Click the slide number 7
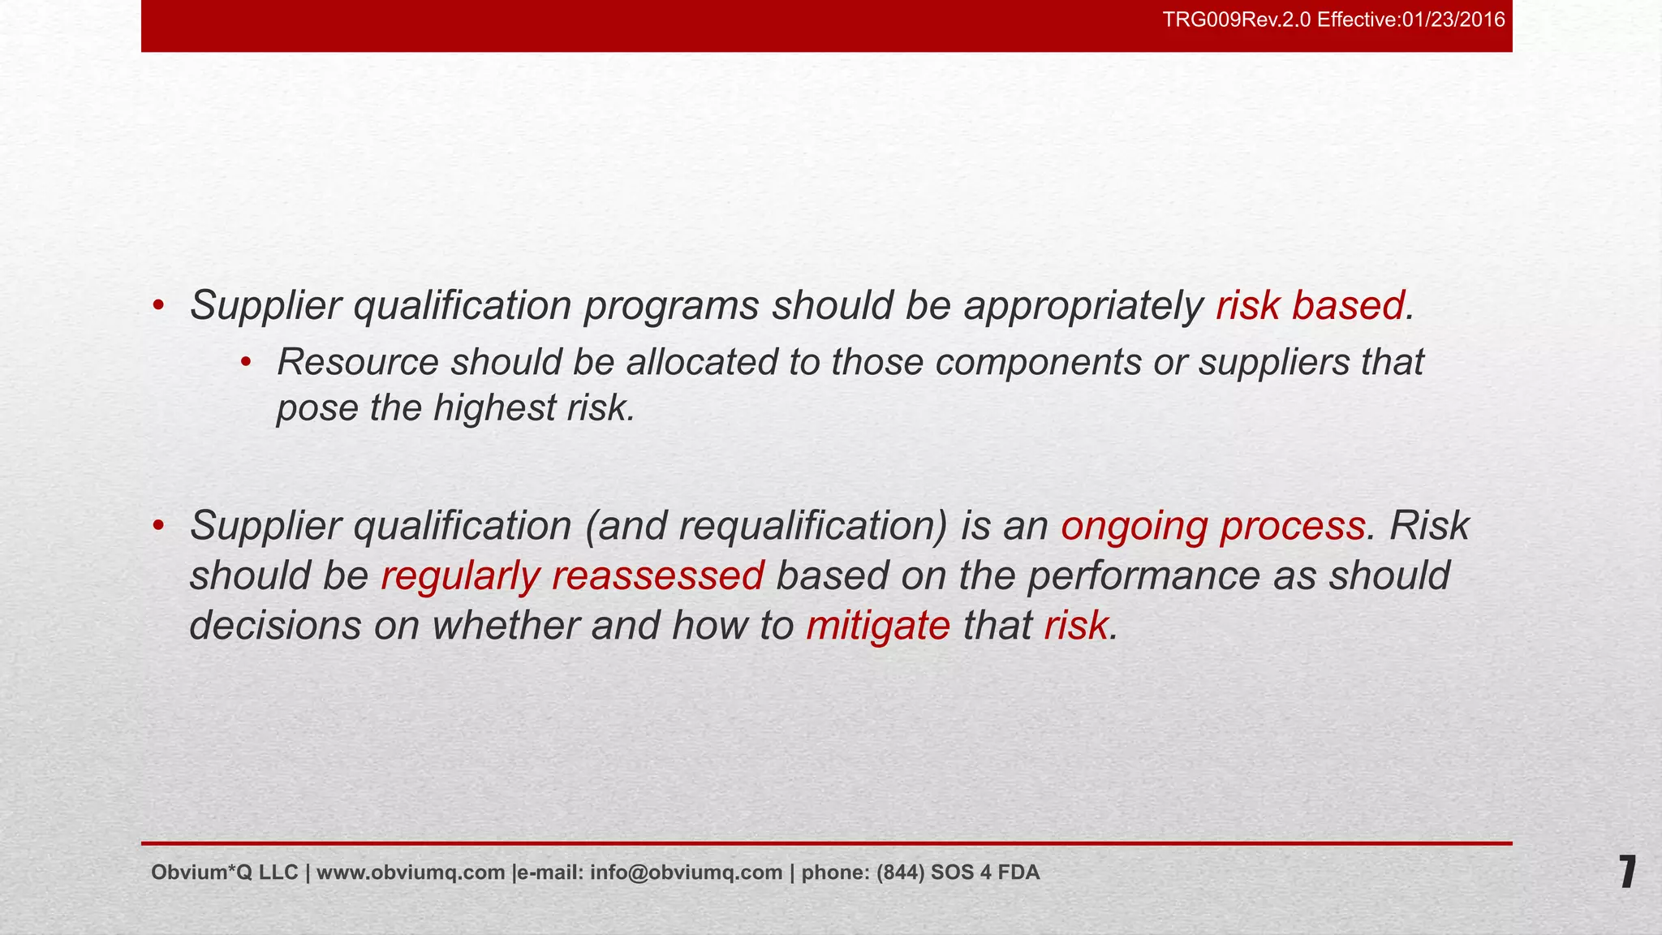pyautogui.click(x=1627, y=873)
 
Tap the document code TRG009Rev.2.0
pyautogui.click(x=1237, y=19)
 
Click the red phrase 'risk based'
pyautogui.click(x=1310, y=306)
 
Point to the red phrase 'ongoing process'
pyautogui.click(x=1212, y=526)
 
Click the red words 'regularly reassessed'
pyautogui.click(x=572, y=576)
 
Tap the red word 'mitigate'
pyautogui.click(x=878, y=626)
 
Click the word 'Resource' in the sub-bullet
pyautogui.click(x=357, y=362)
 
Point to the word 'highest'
pyautogui.click(x=494, y=407)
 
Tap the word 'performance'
pyautogui.click(x=1143, y=576)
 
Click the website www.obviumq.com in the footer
pyautogui.click(x=411, y=873)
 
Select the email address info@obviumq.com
pyautogui.click(x=686, y=873)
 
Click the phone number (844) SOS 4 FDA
pyautogui.click(x=958, y=873)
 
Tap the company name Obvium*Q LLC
pyautogui.click(x=224, y=873)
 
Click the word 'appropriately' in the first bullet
pyautogui.click(x=1083, y=306)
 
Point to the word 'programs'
pyautogui.click(x=671, y=306)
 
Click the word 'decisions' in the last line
pyautogui.click(x=275, y=626)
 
